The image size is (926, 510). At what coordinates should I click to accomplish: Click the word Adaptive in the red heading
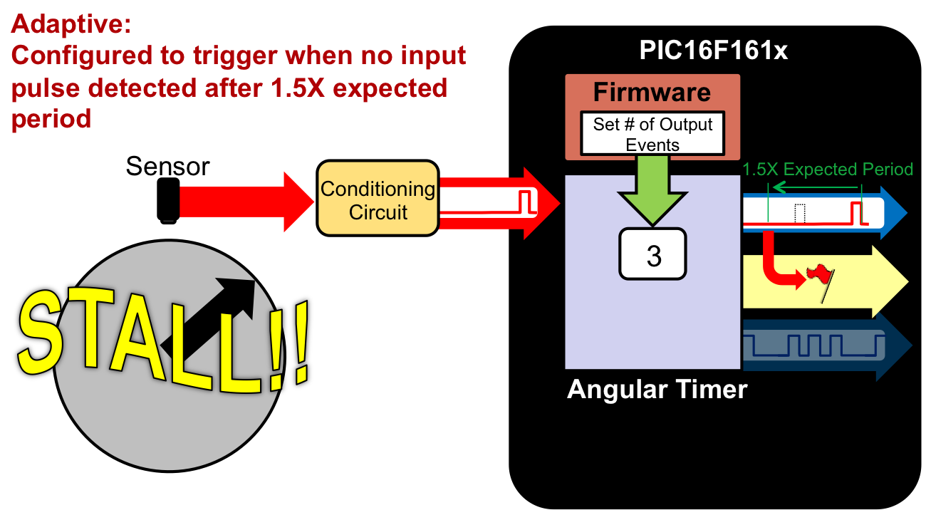[x=71, y=25]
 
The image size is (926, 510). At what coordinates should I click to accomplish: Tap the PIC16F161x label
[x=713, y=50]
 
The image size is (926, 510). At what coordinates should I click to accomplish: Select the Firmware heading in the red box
[x=652, y=93]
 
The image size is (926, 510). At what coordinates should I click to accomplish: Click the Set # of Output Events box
[x=652, y=134]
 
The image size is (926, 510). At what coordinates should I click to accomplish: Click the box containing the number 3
[x=653, y=254]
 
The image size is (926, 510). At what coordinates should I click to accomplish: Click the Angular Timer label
[x=657, y=390]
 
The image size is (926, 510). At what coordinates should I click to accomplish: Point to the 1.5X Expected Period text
[x=827, y=170]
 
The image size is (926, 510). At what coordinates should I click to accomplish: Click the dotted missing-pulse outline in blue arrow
[x=800, y=213]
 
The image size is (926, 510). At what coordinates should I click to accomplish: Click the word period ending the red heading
[x=51, y=118]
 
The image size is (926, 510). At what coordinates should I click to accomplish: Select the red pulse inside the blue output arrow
[x=857, y=212]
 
